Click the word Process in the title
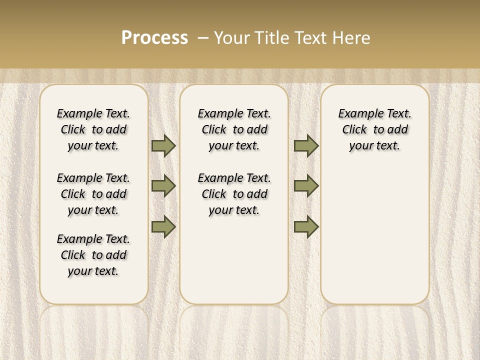(x=154, y=38)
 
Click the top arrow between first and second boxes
(x=163, y=145)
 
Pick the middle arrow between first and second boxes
(x=163, y=186)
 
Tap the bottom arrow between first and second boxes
(x=163, y=226)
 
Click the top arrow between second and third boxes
(x=306, y=145)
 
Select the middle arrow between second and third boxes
(x=306, y=186)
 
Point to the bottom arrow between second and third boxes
(x=306, y=226)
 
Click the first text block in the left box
(x=93, y=129)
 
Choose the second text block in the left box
(x=93, y=194)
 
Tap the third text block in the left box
(x=93, y=255)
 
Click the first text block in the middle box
(x=234, y=129)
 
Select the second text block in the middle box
(x=234, y=194)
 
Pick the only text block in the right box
(x=374, y=129)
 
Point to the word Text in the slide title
(x=310, y=38)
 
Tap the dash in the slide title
(x=203, y=38)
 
